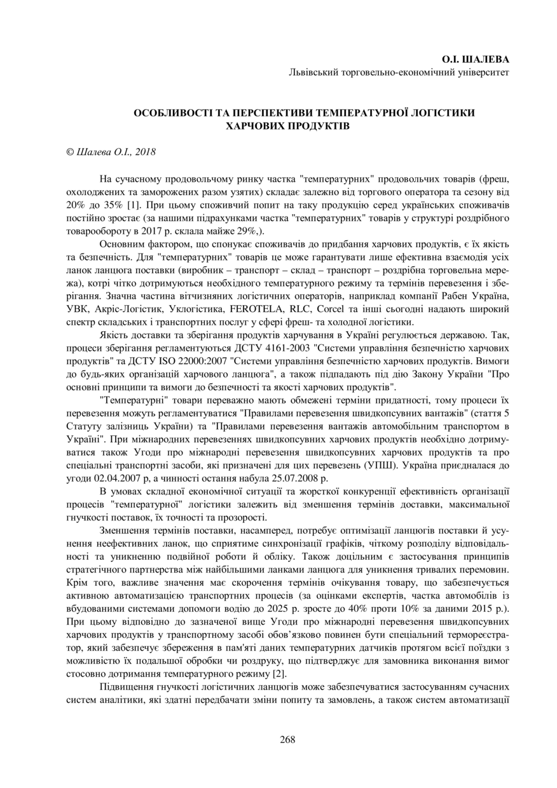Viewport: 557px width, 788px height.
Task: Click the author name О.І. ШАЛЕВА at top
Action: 476,59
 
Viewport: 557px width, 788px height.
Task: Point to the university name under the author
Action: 399,72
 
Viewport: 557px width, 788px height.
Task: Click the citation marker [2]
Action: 280,673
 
